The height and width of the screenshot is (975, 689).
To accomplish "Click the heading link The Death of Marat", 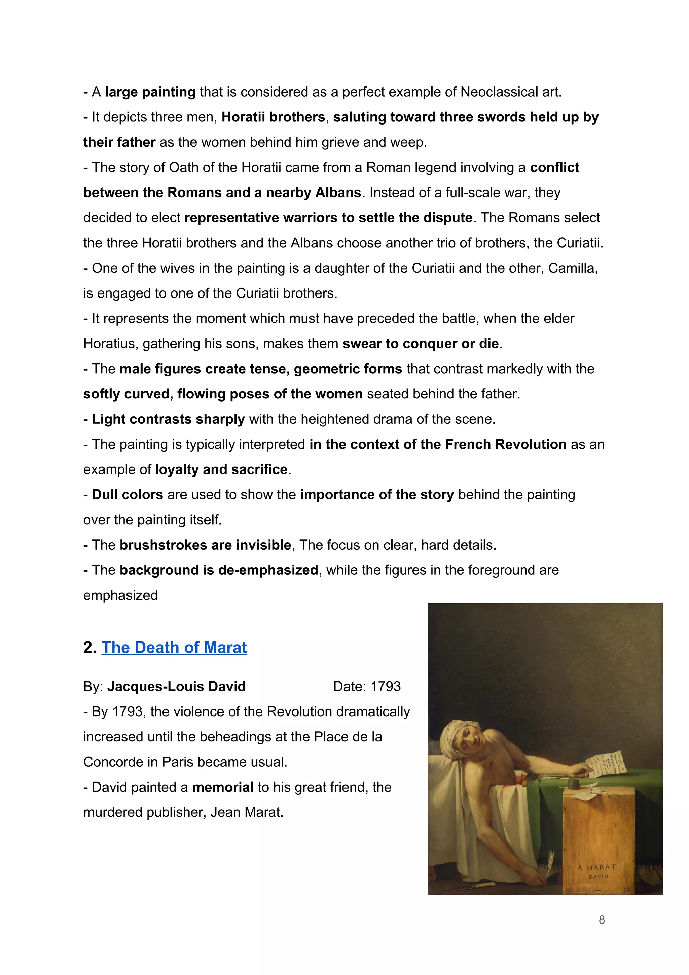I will click(174, 647).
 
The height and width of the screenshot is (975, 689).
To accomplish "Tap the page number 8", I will click(602, 920).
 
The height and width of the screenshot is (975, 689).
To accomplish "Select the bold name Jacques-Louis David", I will click(176, 686).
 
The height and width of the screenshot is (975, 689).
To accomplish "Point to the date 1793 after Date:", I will click(386, 686).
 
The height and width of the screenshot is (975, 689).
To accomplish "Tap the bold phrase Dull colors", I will click(128, 494).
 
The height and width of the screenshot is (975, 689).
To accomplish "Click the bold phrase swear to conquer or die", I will click(420, 344).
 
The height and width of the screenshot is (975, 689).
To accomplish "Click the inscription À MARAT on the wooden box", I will click(597, 867).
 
